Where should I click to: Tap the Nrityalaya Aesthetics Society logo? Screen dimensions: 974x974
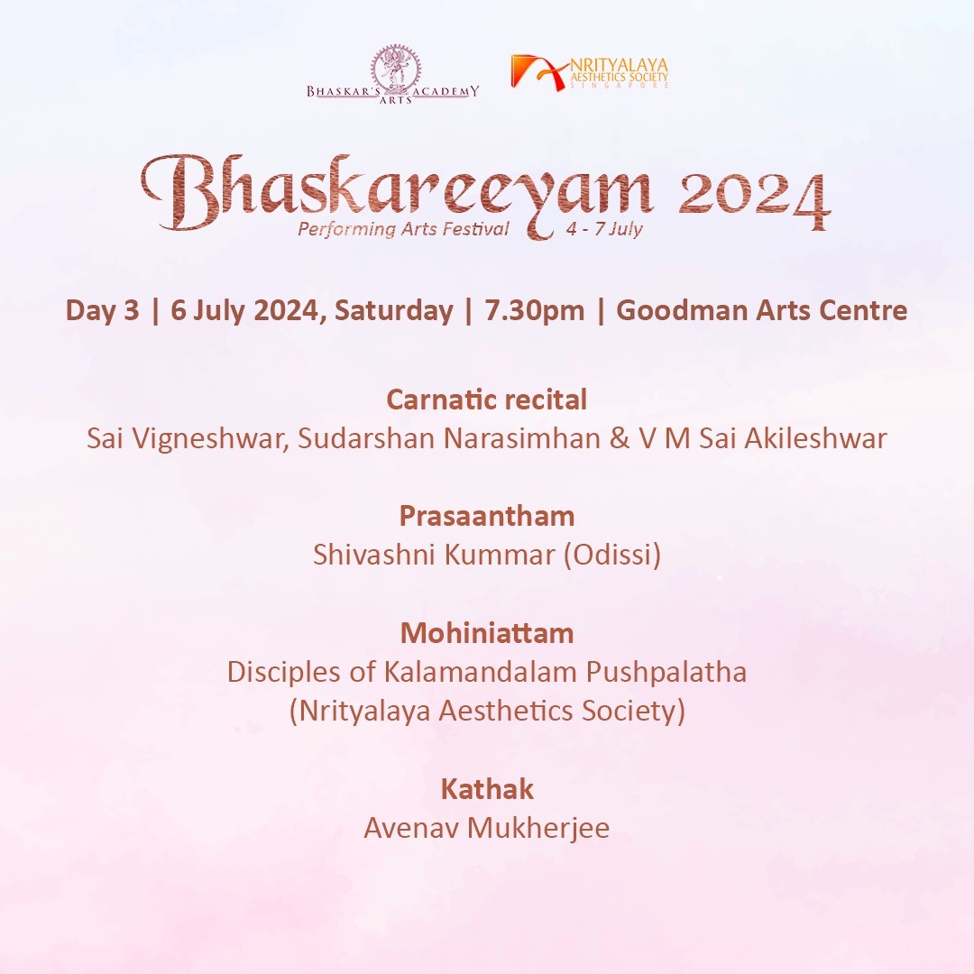pos(590,73)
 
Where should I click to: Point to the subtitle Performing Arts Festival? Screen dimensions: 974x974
pos(403,229)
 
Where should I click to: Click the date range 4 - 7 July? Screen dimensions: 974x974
pos(603,228)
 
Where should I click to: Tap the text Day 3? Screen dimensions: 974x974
pos(103,310)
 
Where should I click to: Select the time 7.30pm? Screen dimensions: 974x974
pos(534,310)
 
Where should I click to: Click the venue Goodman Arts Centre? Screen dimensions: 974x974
pos(761,310)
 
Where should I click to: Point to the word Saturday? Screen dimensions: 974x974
pos(394,310)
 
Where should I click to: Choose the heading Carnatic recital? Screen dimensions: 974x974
pos(487,400)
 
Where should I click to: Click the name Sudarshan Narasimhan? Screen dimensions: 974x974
pos(449,438)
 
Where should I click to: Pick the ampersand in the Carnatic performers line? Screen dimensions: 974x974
pos(620,438)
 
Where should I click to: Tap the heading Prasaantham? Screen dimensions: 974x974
pos(487,516)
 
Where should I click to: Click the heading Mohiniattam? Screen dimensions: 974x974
pos(487,633)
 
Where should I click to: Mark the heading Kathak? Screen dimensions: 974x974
pos(487,789)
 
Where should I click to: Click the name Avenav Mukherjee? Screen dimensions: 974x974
pos(487,828)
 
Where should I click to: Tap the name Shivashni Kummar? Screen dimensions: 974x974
pos(434,555)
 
